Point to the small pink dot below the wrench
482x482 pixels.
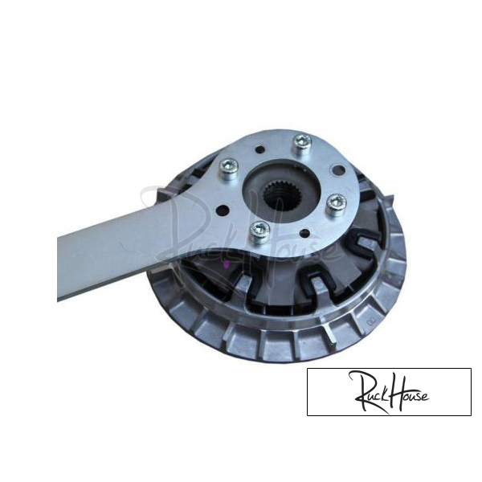click(227, 264)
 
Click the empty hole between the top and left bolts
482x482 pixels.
click(260, 150)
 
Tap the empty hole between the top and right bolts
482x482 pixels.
click(338, 170)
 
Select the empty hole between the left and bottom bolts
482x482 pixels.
click(223, 210)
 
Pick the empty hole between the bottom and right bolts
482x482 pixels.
click(304, 233)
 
